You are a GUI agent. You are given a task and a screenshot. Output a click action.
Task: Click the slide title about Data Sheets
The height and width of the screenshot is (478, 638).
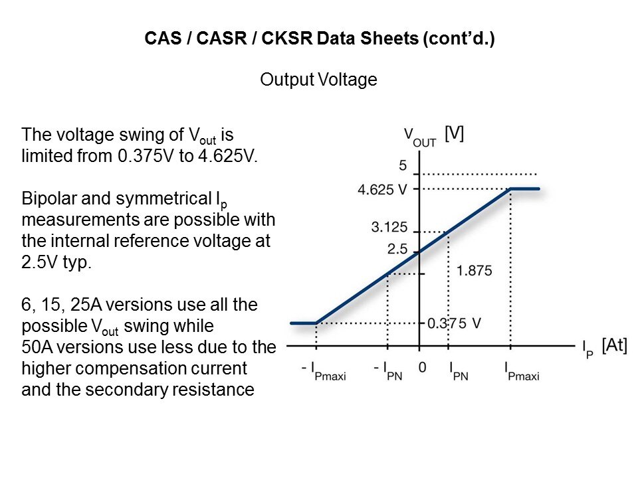tap(319, 39)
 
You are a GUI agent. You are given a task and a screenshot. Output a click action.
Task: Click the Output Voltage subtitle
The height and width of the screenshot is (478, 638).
tap(318, 80)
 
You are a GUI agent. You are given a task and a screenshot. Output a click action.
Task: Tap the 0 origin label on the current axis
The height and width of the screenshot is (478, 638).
tap(421, 367)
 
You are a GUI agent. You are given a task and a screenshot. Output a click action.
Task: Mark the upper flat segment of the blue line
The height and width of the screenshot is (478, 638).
tap(525, 189)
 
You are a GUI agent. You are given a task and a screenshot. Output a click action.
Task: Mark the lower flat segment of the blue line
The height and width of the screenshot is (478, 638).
tap(303, 323)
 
